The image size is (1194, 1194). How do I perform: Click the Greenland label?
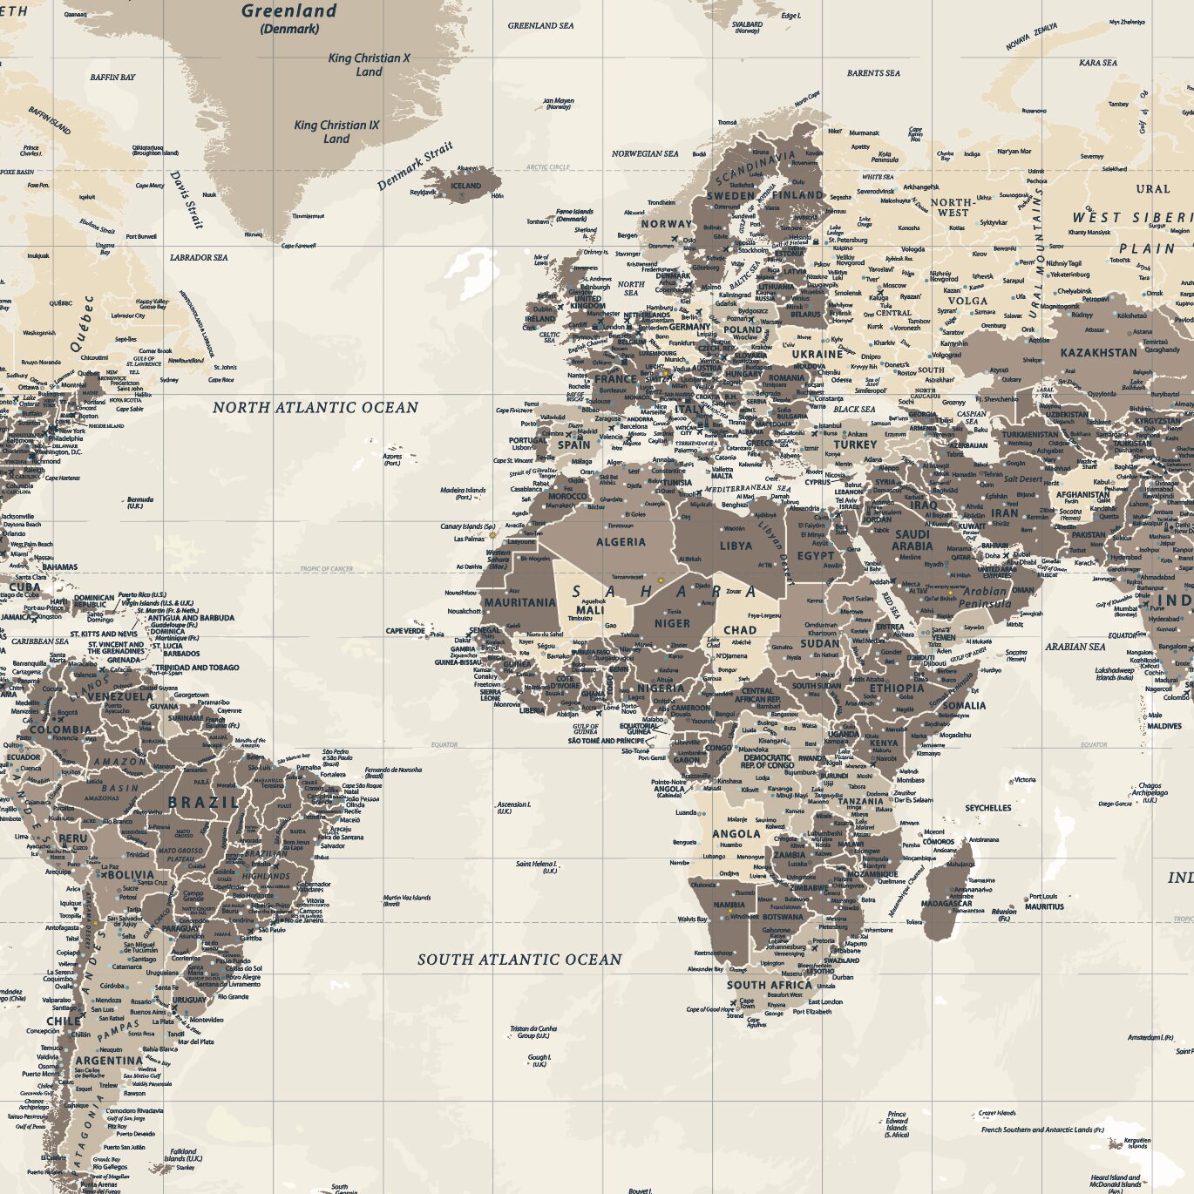click(288, 11)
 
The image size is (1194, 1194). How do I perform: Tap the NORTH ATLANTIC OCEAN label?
click(315, 407)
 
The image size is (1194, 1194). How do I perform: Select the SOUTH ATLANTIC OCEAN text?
click(519, 960)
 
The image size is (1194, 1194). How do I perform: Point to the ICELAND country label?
click(465, 186)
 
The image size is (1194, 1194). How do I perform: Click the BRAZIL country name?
click(203, 803)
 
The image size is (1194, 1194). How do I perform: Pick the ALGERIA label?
click(621, 542)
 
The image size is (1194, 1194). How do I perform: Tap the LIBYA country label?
click(736, 546)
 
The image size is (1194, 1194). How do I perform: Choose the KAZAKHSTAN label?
click(1098, 353)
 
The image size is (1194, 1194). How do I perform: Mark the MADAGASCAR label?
click(946, 904)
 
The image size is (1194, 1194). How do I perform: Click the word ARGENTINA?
click(109, 1061)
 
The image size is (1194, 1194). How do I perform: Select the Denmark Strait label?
click(415, 166)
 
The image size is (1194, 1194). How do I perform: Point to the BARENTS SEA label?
click(873, 73)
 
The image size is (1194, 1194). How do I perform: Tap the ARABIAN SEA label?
click(1075, 647)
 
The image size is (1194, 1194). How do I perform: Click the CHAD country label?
click(739, 630)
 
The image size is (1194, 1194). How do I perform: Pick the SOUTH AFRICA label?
click(770, 985)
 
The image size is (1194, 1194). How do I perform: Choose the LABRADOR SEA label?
click(199, 258)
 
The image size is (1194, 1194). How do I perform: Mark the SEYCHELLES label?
click(988, 808)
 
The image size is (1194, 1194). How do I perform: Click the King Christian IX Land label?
click(336, 132)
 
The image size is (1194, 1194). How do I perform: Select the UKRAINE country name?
click(817, 355)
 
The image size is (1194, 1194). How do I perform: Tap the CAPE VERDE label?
click(406, 631)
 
